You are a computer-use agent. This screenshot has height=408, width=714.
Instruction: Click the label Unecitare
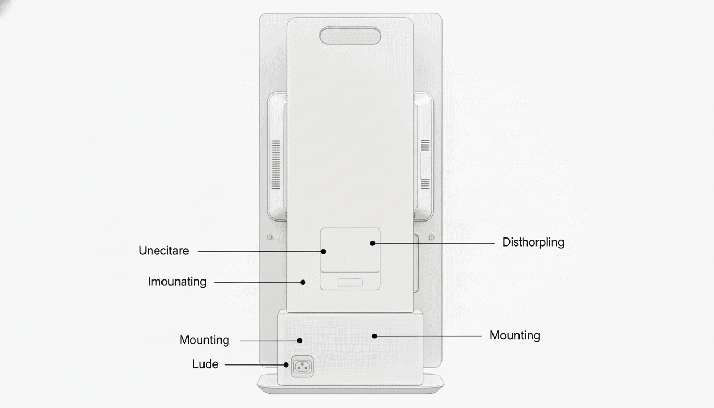point(164,251)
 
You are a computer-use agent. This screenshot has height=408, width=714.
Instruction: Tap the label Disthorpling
point(533,243)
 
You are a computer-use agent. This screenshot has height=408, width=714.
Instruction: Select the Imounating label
point(177,282)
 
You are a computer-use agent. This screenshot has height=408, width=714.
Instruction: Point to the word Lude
point(205,364)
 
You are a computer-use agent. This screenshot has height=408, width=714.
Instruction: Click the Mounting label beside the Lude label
point(205,340)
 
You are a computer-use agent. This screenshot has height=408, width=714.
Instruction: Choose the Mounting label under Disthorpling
point(515,336)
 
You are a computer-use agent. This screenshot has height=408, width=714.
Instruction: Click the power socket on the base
point(302,367)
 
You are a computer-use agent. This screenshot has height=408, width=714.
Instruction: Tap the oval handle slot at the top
point(350,36)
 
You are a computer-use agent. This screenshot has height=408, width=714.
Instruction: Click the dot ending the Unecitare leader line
point(323,251)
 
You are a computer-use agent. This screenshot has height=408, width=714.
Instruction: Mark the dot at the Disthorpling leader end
point(372,243)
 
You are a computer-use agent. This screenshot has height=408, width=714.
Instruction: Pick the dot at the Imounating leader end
point(303,282)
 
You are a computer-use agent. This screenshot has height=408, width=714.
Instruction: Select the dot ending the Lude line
point(286,364)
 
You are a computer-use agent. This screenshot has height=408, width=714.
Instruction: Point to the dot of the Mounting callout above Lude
point(300,341)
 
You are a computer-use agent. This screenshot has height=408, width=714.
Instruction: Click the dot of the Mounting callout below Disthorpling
point(375,336)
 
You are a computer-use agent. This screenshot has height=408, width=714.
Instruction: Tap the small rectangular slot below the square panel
point(350,283)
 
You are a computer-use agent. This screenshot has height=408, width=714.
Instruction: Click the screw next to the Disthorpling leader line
point(431,237)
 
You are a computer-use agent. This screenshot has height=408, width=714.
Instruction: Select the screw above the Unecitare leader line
point(270,237)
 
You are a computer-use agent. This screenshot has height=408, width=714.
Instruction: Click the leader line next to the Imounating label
point(258,282)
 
